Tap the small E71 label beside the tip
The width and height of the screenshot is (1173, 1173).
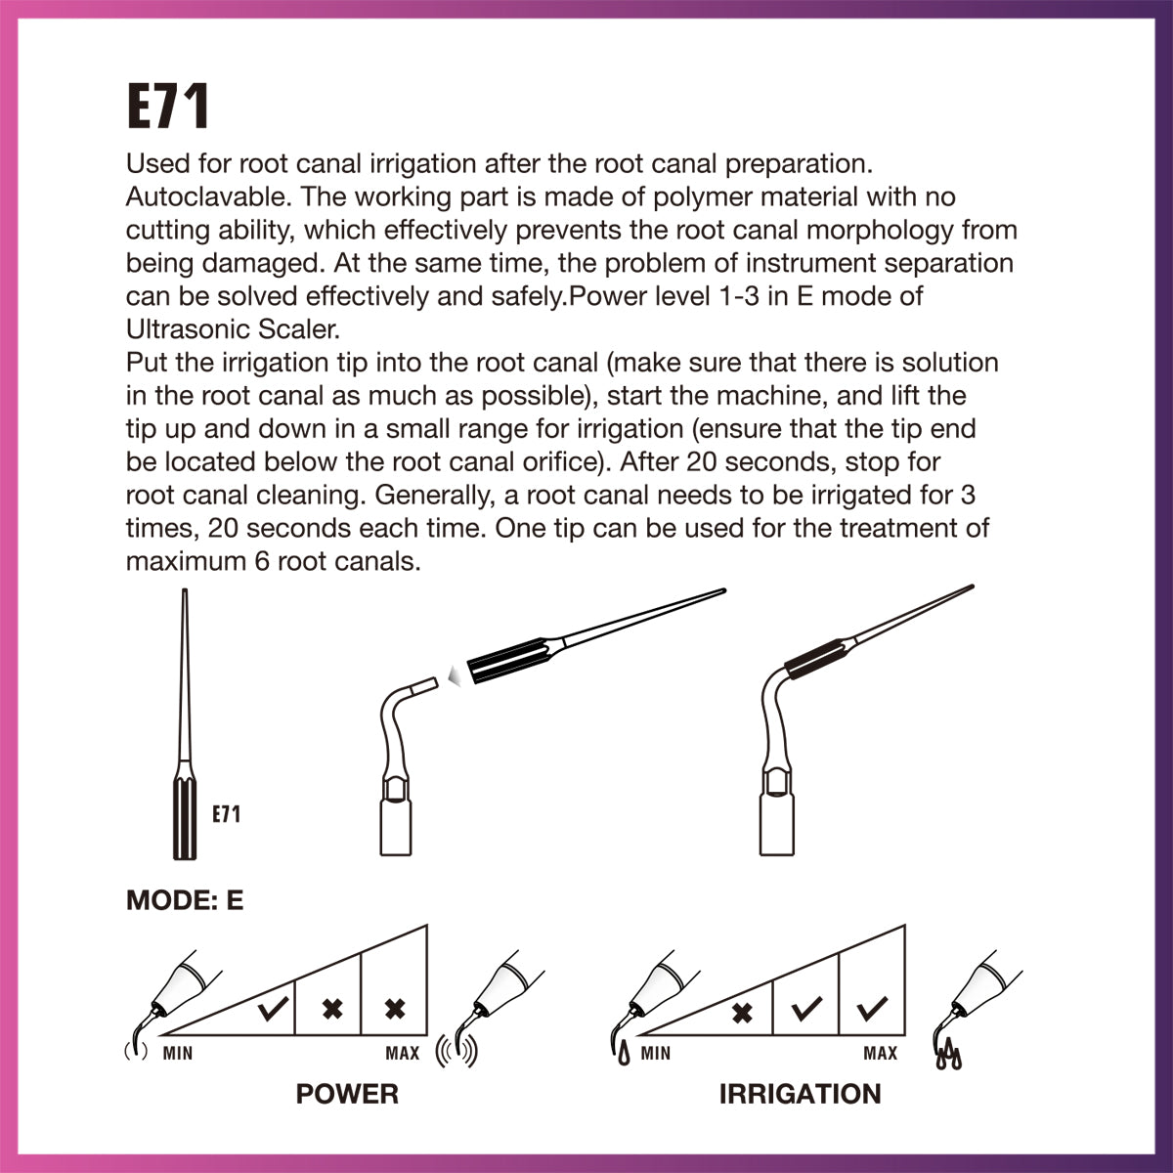tap(227, 813)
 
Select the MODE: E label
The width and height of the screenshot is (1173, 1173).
tap(185, 900)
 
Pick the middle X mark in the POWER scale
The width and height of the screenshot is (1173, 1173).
tap(332, 1008)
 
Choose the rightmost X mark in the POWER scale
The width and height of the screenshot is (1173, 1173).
tap(395, 1008)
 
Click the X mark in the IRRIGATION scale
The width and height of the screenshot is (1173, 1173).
tap(743, 1011)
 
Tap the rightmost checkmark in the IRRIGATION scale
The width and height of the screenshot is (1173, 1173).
tap(870, 1008)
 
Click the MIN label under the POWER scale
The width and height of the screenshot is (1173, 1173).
tap(178, 1053)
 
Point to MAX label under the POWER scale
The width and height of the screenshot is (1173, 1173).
tap(403, 1053)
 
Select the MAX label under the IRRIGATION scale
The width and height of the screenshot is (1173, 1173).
tap(880, 1053)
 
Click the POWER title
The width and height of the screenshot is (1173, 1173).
tap(347, 1094)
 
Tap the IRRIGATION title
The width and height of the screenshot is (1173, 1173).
tap(800, 1094)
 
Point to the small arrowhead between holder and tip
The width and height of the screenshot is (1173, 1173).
tap(452, 673)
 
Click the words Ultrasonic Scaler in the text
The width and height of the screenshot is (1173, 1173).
tap(231, 329)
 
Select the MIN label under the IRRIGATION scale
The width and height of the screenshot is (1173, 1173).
tap(656, 1053)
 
